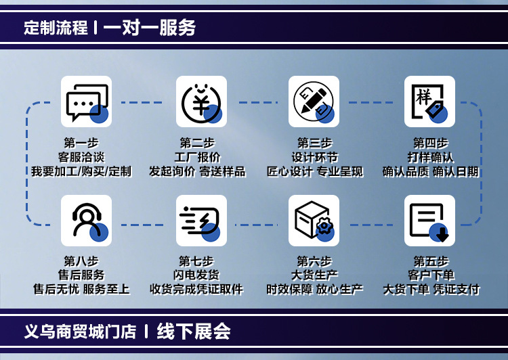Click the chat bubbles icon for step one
click(86, 102)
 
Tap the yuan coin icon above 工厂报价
click(201, 102)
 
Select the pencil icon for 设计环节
click(314, 102)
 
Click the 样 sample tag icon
click(429, 102)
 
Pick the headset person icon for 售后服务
click(86, 221)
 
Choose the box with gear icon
click(314, 221)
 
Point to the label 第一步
click(81, 143)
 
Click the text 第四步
click(431, 143)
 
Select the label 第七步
click(196, 261)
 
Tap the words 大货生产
click(314, 275)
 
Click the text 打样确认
click(431, 158)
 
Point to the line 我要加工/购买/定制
click(81, 172)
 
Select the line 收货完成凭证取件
click(196, 290)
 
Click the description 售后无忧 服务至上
click(81, 290)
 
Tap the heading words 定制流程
click(56, 28)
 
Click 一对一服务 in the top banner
click(150, 28)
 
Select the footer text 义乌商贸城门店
click(80, 332)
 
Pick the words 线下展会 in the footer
click(194, 332)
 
